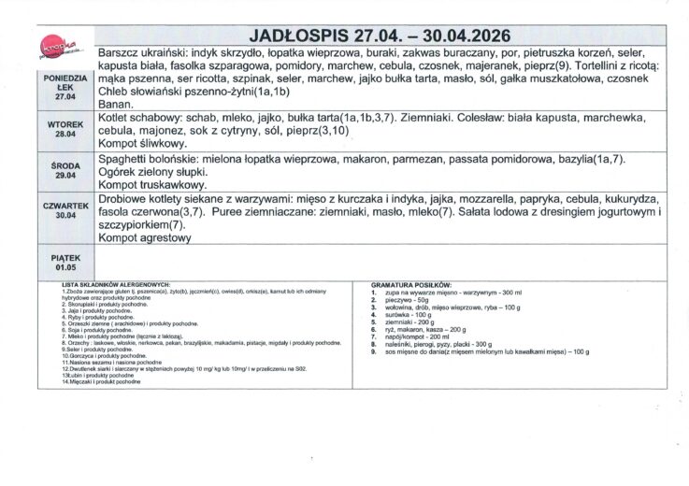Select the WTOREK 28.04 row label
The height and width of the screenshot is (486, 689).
[x=65, y=129]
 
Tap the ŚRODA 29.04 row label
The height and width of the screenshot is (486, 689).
[x=65, y=172]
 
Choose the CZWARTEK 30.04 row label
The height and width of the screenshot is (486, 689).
[x=65, y=209]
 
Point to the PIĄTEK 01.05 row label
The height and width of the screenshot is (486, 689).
[x=65, y=261]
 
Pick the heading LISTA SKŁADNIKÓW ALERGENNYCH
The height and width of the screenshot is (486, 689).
[x=114, y=283]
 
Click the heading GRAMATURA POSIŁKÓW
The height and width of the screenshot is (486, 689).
[x=410, y=283]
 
